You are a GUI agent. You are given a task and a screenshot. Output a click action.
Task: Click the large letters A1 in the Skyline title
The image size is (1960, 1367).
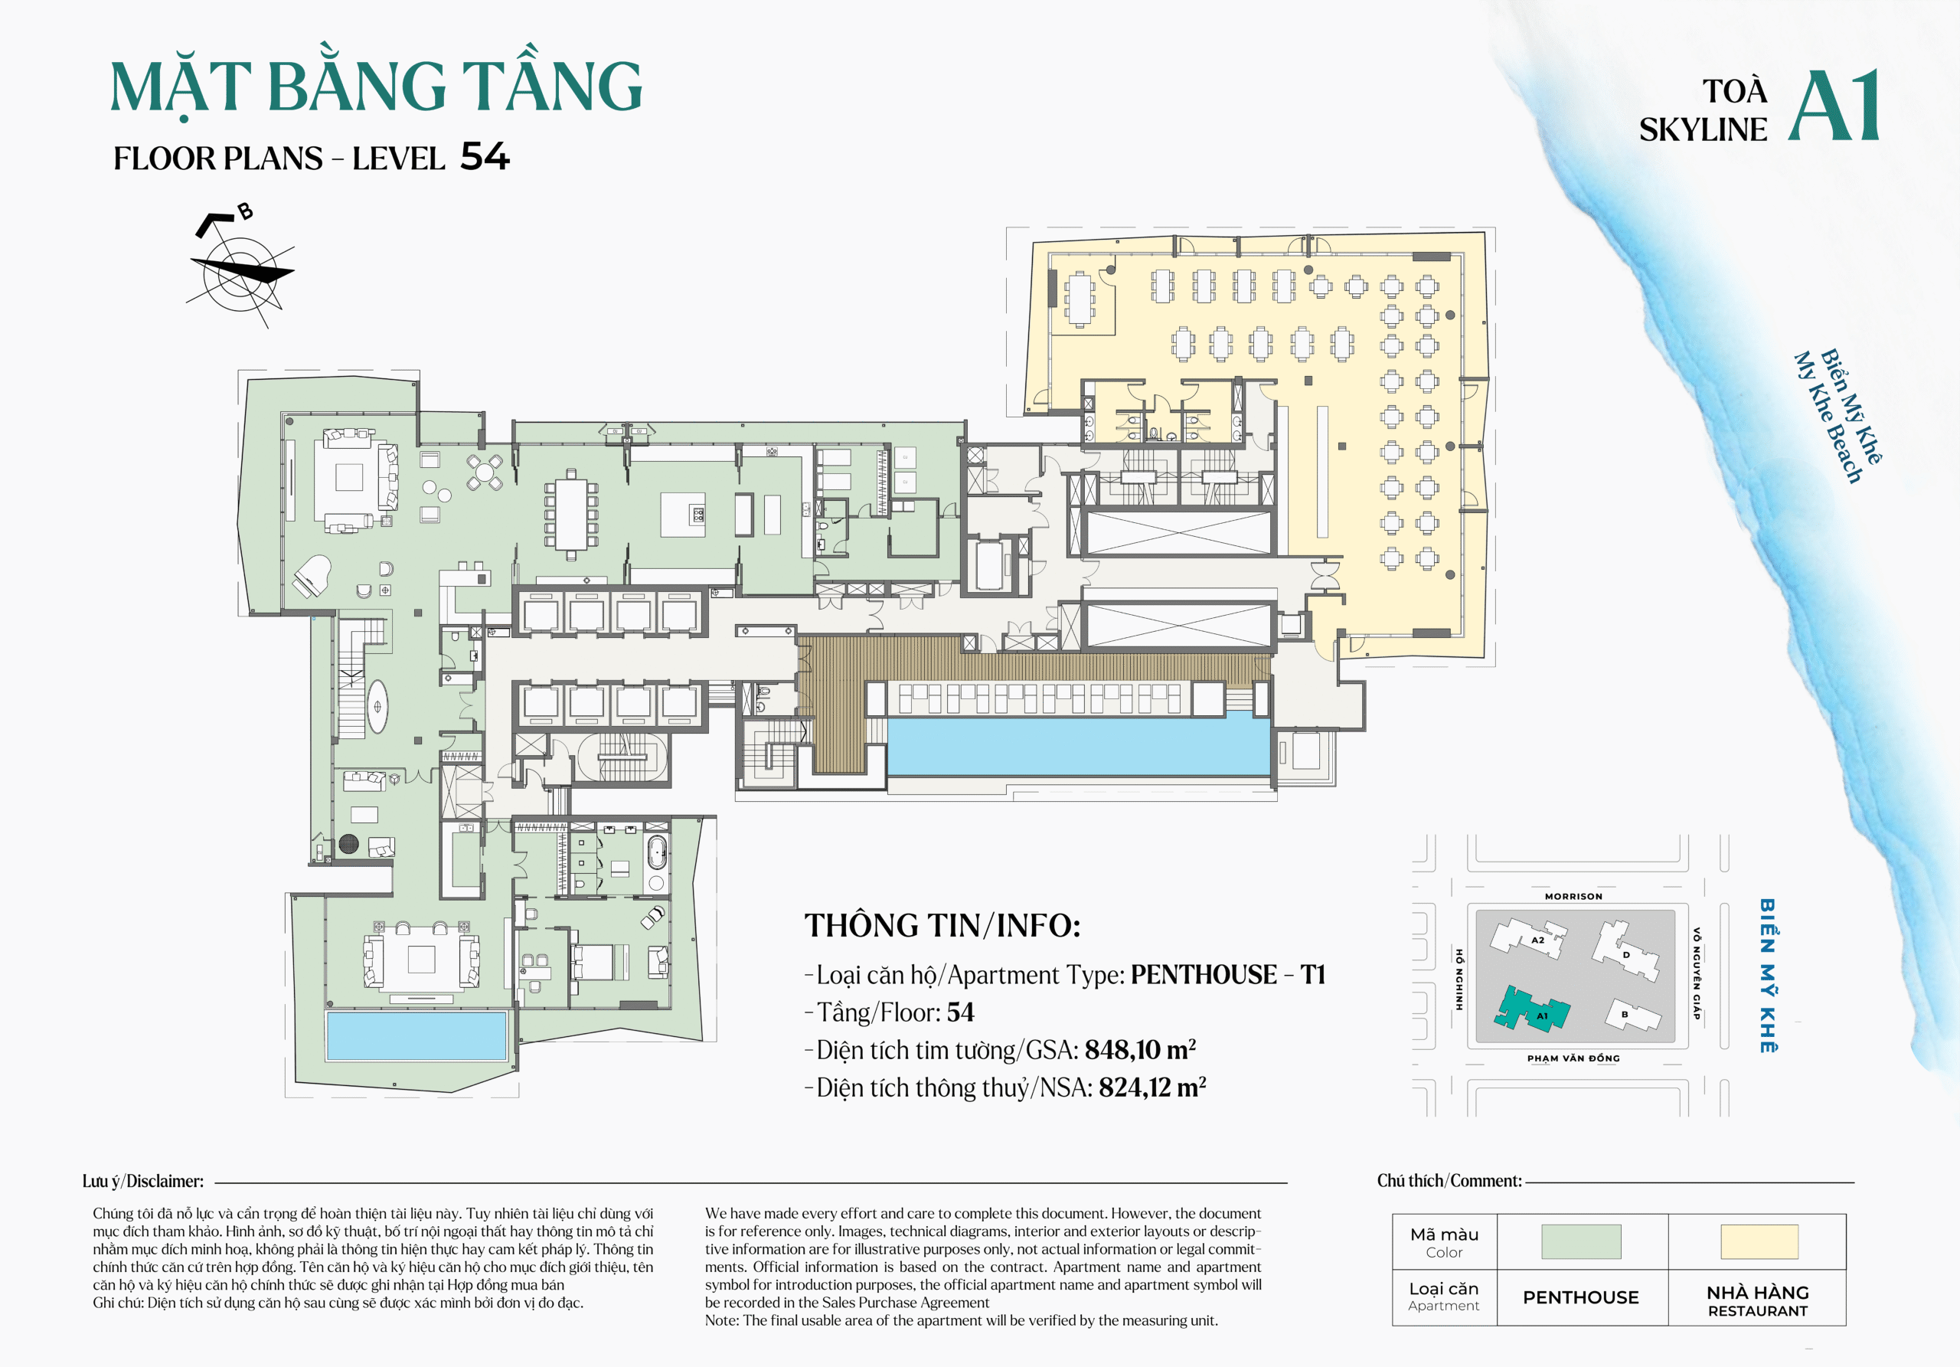[1834, 106]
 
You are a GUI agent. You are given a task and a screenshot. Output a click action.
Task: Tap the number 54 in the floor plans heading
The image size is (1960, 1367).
[484, 157]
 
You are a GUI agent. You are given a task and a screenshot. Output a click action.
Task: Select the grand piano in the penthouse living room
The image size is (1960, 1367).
[312, 574]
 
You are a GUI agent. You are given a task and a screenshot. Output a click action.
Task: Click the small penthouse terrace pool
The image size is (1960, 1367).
[416, 1035]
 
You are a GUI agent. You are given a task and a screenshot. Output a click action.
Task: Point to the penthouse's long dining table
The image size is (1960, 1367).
[571, 513]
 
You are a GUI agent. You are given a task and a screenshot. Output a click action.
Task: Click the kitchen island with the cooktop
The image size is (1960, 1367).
[683, 515]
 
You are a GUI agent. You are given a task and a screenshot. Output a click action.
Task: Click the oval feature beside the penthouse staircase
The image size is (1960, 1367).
[377, 706]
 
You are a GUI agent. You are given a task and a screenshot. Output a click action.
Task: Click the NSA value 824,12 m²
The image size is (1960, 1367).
[1151, 1087]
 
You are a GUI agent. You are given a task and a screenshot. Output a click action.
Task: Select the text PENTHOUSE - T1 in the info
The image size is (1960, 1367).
[1227, 974]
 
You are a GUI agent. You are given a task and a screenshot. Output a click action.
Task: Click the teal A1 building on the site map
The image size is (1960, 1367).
[1532, 1010]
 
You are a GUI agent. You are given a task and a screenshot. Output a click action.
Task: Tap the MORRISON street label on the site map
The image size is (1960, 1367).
[1573, 897]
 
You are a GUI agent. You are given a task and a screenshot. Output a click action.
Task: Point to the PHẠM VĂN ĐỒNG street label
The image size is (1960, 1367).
[1573, 1058]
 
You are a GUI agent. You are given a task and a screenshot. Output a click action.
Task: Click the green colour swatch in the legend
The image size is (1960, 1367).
[1580, 1241]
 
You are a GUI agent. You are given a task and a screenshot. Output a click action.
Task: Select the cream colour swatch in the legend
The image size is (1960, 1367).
[1759, 1241]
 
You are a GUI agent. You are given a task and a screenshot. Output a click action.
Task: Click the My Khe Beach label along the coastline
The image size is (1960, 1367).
[1827, 418]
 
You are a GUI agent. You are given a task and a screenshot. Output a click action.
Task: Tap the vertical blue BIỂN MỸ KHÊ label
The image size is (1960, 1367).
[1767, 975]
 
